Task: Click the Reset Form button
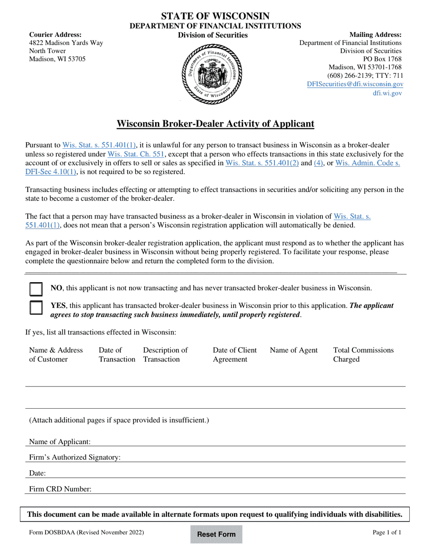[216, 534]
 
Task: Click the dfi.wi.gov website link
[387, 93]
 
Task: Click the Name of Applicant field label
[60, 441]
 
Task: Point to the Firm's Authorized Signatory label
[75, 457]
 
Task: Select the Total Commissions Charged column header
[363, 355]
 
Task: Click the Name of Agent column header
[294, 350]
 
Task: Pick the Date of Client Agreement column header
[235, 355]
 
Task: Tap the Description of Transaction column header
[165, 355]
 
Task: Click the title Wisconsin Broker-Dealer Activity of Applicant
[215, 123]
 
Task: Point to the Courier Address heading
[55, 35]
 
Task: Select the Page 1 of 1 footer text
[387, 533]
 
